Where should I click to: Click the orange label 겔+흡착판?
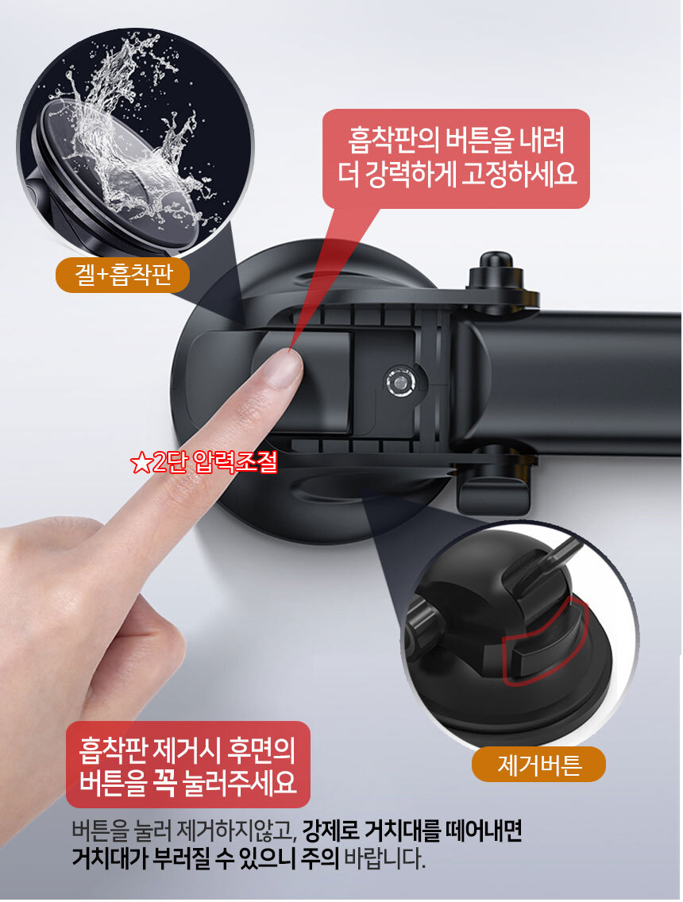(122, 275)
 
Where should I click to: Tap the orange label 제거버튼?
(538, 765)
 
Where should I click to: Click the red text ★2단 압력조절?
(203, 461)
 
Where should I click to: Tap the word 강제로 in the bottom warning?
(330, 831)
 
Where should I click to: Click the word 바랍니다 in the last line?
(384, 859)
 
